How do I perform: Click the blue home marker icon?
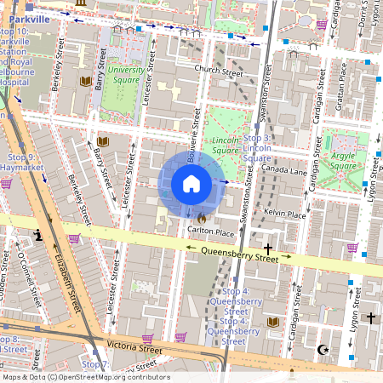coord(191,184)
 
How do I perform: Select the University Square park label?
coord(124,76)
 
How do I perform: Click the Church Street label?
coord(218,71)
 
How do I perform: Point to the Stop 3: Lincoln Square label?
coord(257,147)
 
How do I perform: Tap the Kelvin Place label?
coord(284,214)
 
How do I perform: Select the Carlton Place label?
coord(210,232)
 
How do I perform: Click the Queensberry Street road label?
coord(239,253)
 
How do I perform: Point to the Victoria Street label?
coord(134,348)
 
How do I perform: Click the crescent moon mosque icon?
coord(323,349)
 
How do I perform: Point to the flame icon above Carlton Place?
coord(201,218)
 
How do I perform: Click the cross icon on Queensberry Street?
coord(269,249)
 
